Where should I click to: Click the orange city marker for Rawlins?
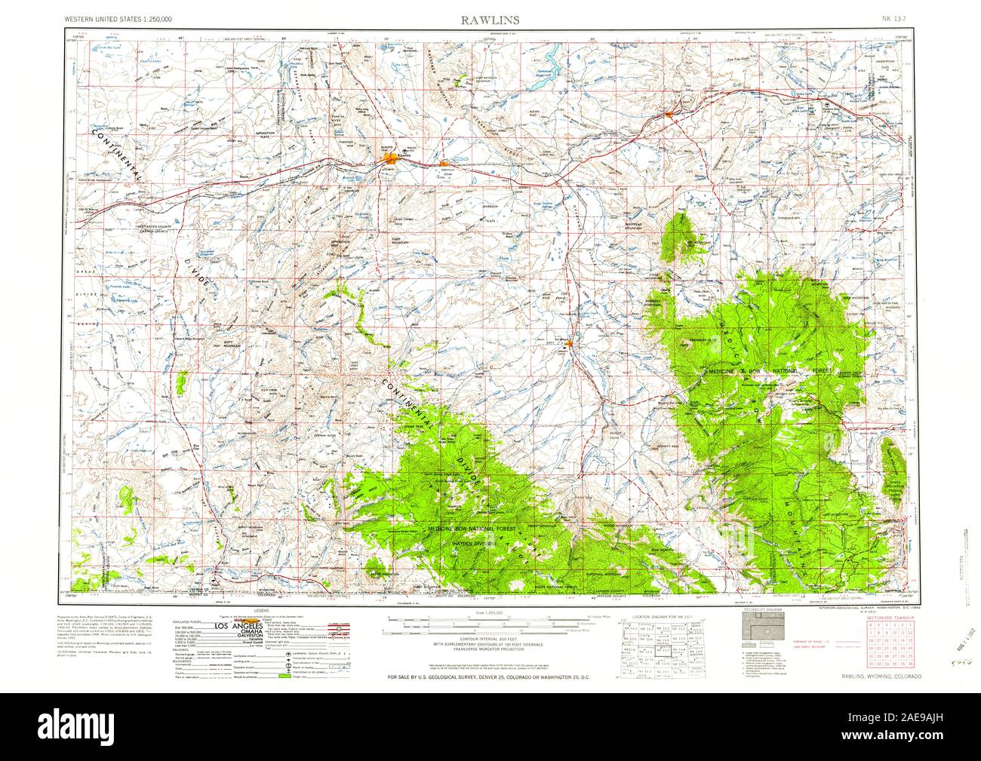[x=390, y=160]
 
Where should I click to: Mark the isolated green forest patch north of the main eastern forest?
[x=683, y=234]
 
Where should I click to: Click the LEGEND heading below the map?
[x=263, y=609]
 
